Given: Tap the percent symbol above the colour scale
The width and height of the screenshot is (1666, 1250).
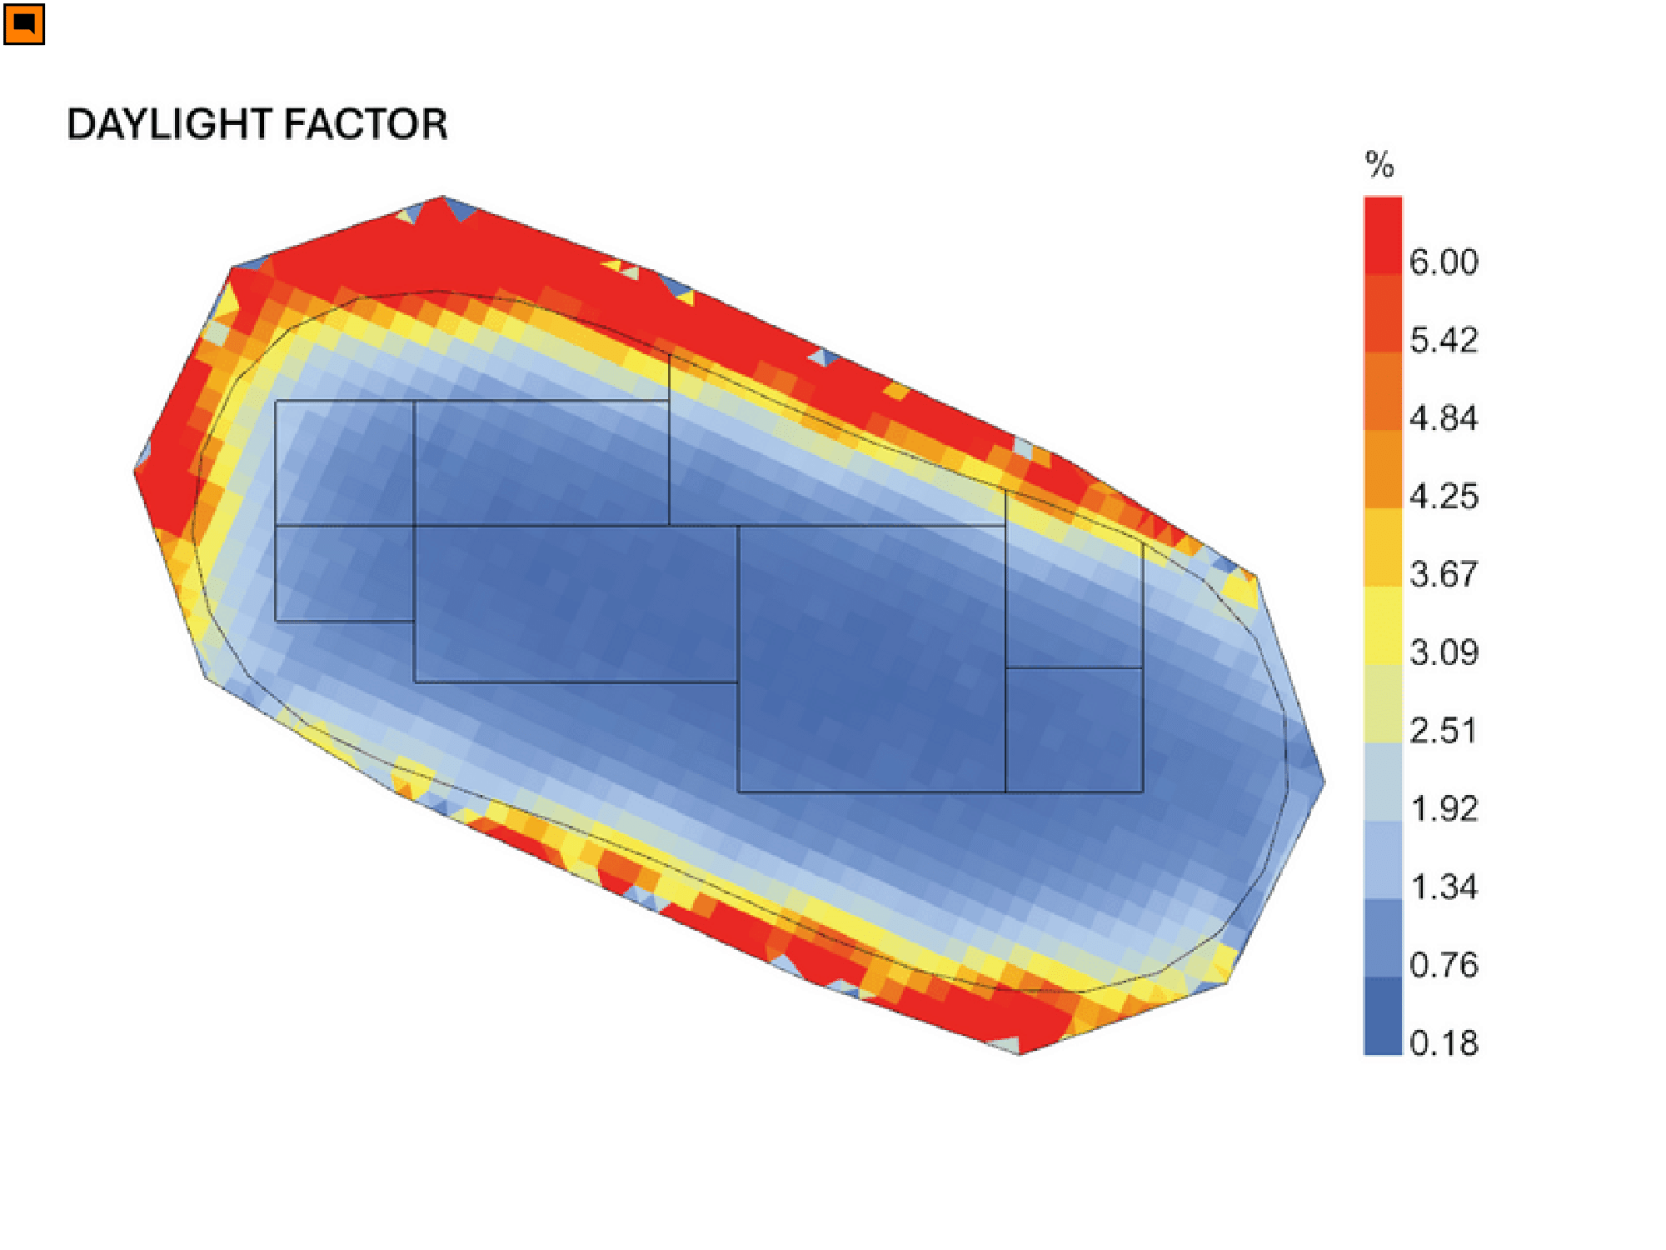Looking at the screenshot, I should (x=1379, y=164).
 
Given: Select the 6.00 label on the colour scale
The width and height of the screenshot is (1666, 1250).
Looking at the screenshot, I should (x=1444, y=262).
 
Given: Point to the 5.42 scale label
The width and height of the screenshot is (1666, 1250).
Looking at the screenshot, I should (x=1444, y=340).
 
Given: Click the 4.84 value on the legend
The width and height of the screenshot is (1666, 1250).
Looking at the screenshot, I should (x=1444, y=417).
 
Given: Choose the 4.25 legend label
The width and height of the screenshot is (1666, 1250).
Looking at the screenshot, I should (x=1444, y=496).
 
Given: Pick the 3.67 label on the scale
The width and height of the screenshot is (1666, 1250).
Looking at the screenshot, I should (x=1444, y=574).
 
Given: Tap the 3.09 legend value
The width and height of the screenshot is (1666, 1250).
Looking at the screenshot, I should (x=1444, y=652).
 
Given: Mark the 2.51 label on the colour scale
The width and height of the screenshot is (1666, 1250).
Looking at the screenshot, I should (x=1444, y=730).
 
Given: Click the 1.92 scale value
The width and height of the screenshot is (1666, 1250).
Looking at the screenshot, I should (x=1444, y=808).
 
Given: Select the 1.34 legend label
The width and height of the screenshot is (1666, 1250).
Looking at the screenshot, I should (x=1444, y=887).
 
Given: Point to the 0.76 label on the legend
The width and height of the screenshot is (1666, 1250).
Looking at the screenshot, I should (x=1444, y=964).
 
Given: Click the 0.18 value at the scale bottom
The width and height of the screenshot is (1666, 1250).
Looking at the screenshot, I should (x=1444, y=1042).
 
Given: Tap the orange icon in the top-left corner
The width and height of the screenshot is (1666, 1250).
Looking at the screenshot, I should (x=24, y=24).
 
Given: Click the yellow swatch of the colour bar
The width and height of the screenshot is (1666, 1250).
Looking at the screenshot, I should (x=1383, y=625).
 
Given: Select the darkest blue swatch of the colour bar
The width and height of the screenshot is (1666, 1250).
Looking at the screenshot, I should (x=1383, y=1016).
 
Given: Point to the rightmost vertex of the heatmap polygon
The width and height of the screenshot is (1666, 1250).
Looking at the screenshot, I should (x=1324, y=781).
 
